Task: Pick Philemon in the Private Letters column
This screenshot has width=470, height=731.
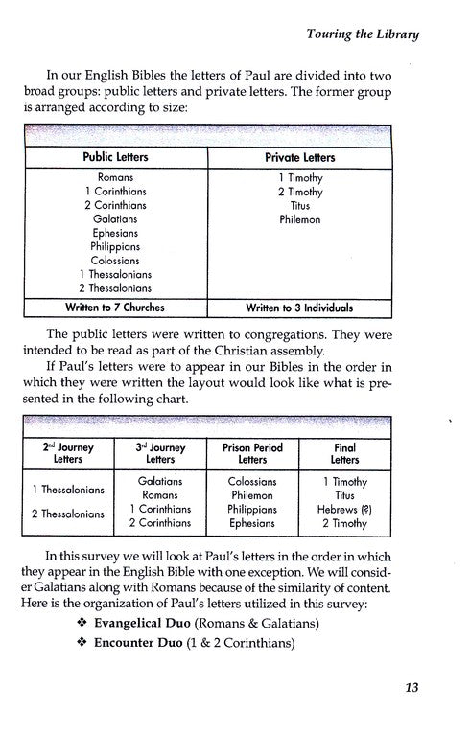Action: (x=299, y=218)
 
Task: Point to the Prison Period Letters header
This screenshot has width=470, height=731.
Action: (x=252, y=451)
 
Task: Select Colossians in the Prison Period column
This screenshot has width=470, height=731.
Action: (x=252, y=481)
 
